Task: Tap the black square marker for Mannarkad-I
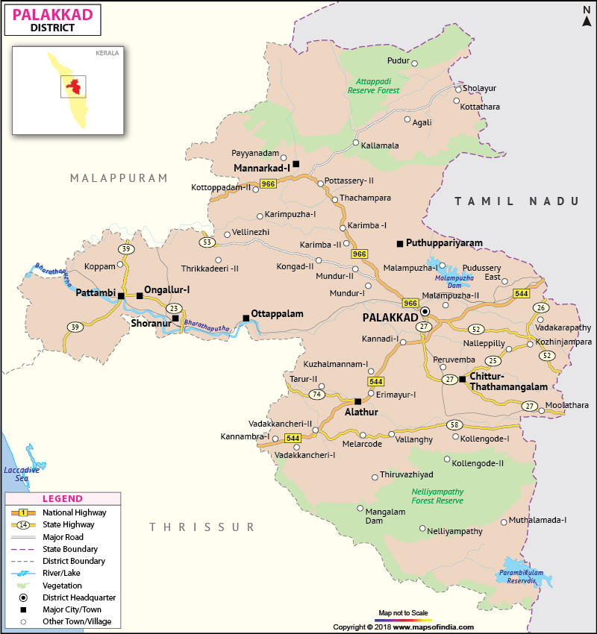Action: [296, 164]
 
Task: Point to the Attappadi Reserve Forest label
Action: [373, 85]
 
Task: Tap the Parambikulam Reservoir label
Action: [518, 577]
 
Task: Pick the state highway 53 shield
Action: [207, 242]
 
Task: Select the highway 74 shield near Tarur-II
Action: [317, 395]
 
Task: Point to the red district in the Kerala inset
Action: [72, 85]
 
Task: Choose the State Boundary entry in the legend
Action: [73, 549]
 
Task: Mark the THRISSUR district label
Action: [192, 527]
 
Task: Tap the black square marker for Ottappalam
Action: [246, 318]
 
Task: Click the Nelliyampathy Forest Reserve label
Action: [437, 496]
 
